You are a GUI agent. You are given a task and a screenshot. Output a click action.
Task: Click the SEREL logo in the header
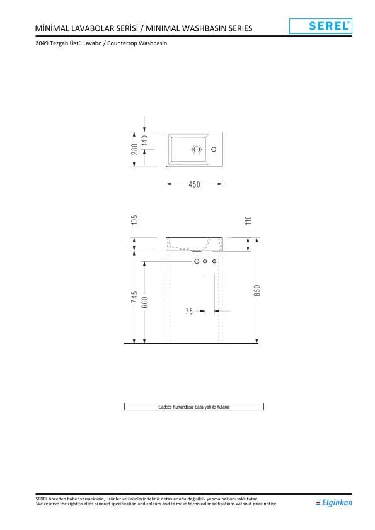320,26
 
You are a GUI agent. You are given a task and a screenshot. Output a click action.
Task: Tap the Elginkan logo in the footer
334,502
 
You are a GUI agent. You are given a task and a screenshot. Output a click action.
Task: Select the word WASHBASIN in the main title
209,28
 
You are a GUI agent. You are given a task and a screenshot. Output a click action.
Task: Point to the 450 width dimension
194,184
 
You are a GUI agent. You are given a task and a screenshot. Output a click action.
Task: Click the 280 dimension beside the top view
134,150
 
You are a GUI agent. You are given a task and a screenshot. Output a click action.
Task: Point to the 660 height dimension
145,302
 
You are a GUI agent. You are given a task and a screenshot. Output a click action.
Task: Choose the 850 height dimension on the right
257,291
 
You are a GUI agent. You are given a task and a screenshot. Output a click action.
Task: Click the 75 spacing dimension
189,311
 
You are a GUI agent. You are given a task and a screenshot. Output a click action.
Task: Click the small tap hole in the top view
214,150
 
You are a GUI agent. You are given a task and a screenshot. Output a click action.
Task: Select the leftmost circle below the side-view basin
197,261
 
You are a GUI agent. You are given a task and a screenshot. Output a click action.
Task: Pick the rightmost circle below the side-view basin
214,261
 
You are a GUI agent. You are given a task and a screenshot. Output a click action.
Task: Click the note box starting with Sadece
194,407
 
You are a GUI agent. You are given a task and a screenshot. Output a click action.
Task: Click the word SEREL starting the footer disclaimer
43,499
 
